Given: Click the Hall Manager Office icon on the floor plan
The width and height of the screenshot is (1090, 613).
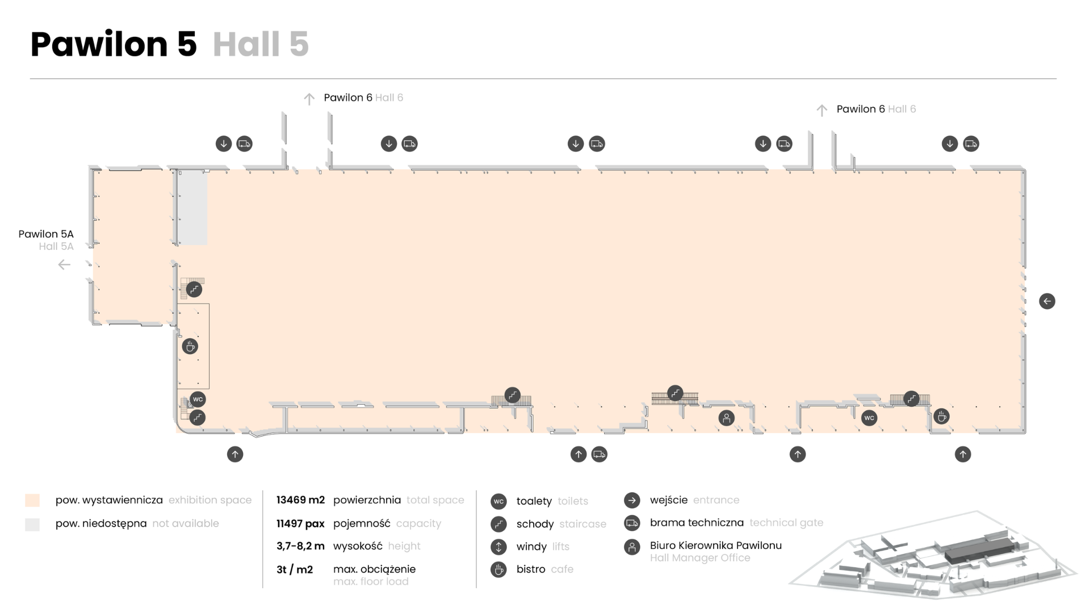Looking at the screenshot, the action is [x=727, y=418].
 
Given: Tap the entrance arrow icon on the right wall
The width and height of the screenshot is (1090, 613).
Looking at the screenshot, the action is [x=1047, y=301].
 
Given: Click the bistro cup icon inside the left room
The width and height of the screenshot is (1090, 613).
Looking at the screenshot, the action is [x=190, y=346].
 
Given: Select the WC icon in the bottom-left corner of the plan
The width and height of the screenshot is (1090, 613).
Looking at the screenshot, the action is [x=198, y=399].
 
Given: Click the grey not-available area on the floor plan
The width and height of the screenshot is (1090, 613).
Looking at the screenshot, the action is [x=193, y=208].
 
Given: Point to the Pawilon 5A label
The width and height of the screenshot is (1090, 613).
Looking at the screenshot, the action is [x=46, y=234].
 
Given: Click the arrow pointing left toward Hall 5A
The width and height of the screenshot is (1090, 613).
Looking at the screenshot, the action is [x=64, y=264].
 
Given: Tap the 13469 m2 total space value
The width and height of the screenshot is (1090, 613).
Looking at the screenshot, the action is [x=300, y=500].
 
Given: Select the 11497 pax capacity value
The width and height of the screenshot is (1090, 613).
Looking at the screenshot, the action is [x=300, y=523].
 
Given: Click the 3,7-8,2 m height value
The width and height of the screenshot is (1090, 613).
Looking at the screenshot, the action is [x=300, y=546].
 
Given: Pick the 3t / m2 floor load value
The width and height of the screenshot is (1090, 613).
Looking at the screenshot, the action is [x=295, y=569].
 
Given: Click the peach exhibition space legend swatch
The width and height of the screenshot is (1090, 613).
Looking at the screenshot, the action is [x=32, y=500].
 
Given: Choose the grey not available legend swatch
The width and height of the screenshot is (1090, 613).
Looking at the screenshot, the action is [x=32, y=524].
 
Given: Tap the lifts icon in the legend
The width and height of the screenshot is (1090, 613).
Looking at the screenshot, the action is [x=498, y=547].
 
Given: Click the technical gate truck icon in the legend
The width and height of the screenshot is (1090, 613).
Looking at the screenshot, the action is [x=632, y=523].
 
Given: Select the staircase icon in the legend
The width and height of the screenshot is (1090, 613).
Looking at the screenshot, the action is [x=498, y=524].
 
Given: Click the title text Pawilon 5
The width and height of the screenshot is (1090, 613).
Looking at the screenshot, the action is [x=114, y=45].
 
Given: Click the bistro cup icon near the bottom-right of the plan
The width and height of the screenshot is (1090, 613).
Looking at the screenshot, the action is [x=942, y=417].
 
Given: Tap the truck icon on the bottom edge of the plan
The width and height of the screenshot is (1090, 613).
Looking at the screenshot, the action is [x=599, y=454].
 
